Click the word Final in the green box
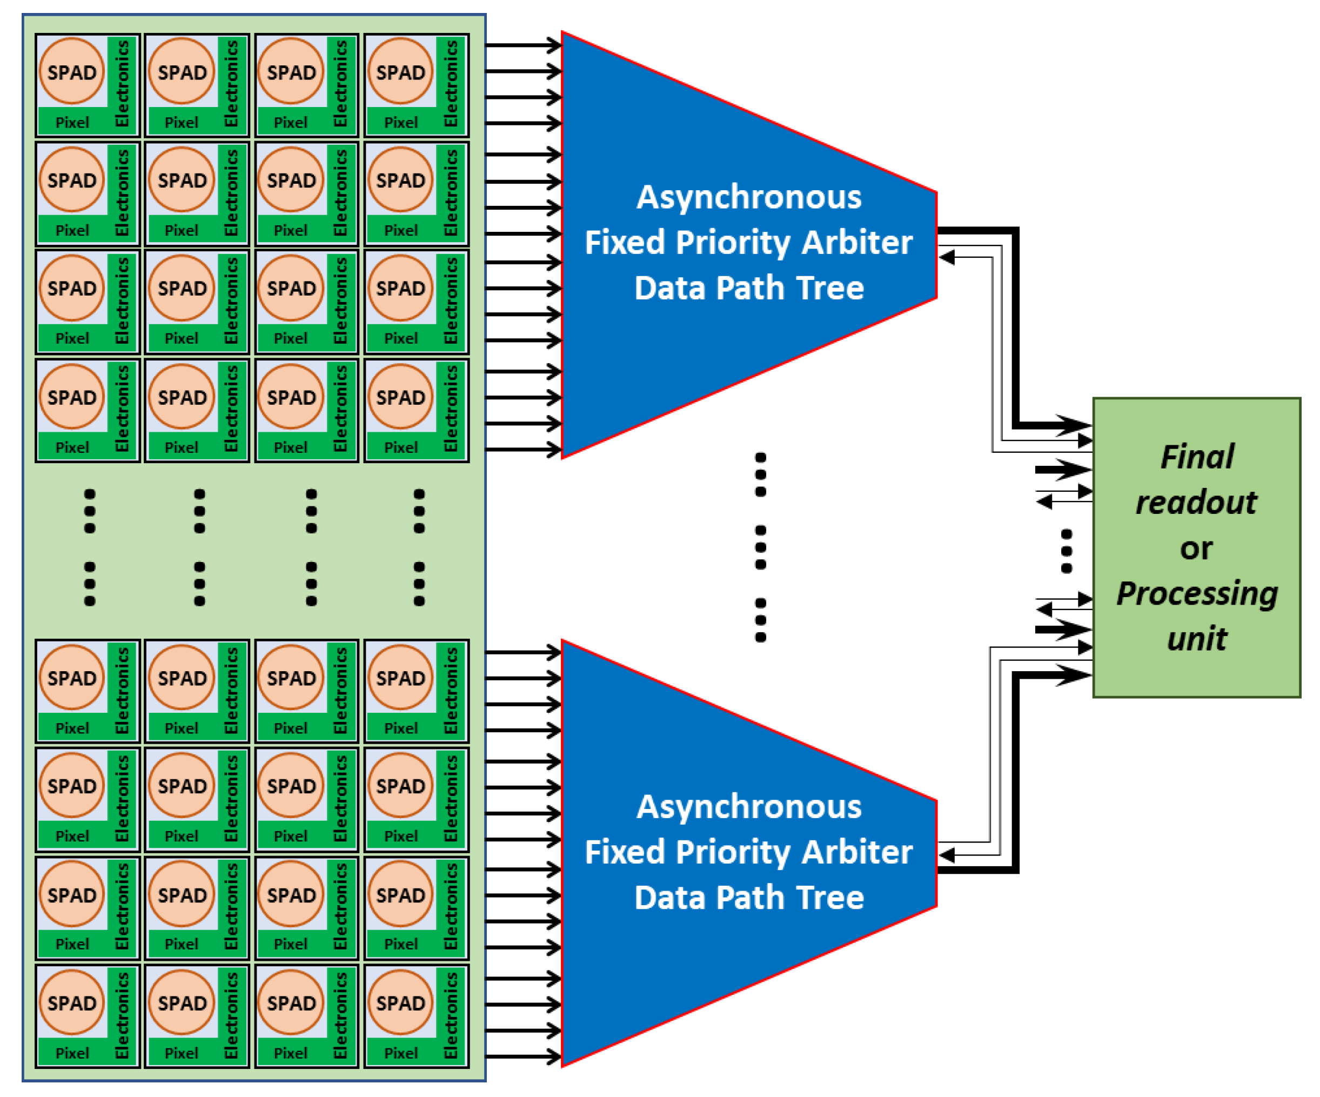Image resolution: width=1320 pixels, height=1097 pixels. (x=1197, y=457)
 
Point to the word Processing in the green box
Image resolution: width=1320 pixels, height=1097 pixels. (x=1197, y=593)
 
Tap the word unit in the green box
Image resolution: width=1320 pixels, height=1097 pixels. (x=1197, y=639)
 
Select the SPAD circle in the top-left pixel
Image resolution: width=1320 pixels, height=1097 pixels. (x=72, y=72)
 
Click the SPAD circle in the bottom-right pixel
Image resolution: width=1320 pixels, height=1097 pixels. (x=400, y=1003)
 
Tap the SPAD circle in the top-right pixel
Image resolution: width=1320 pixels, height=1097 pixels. (x=400, y=72)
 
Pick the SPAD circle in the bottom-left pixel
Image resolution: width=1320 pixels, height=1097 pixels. (x=72, y=1003)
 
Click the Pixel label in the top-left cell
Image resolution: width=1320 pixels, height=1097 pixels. (x=72, y=123)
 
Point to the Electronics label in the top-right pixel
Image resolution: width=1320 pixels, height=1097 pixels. (x=451, y=83)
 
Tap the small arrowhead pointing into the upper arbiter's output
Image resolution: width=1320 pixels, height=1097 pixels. (x=947, y=257)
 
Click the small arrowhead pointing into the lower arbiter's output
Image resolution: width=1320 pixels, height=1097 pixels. (x=947, y=855)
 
